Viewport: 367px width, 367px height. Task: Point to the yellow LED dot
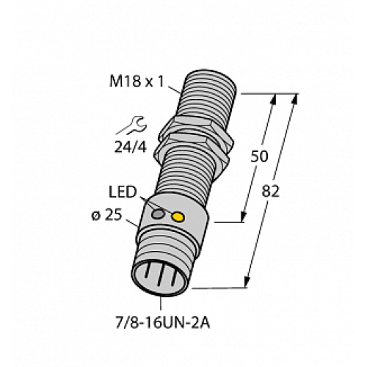point(177,217)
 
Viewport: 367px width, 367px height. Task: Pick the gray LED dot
point(158,214)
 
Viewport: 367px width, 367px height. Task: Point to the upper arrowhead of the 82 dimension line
point(297,100)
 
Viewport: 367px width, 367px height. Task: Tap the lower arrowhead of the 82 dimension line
point(247,283)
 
